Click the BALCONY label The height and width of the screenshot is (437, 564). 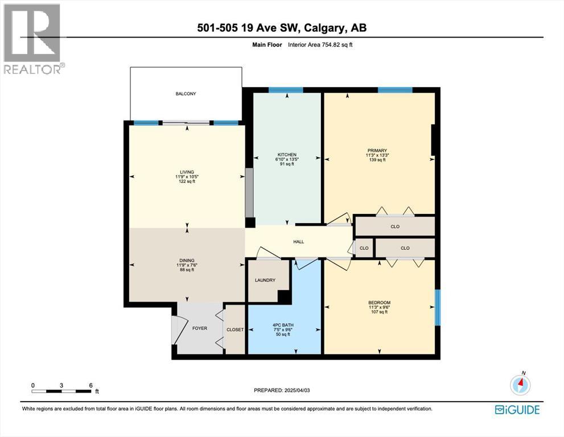coord(186,94)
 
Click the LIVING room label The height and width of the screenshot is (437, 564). coord(187,172)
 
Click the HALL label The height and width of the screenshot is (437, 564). coord(298,242)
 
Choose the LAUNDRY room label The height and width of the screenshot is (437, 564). coord(265,280)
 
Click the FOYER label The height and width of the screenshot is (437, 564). coord(199,328)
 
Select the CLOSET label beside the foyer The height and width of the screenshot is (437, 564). coord(235,329)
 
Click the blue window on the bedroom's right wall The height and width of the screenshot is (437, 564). coord(438,307)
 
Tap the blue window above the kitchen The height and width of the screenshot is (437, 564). coord(285,89)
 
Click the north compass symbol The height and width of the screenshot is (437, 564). coord(520,385)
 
